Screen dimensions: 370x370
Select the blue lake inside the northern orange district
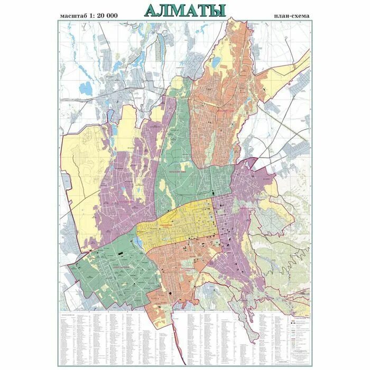pyautogui.click(x=216, y=61)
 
